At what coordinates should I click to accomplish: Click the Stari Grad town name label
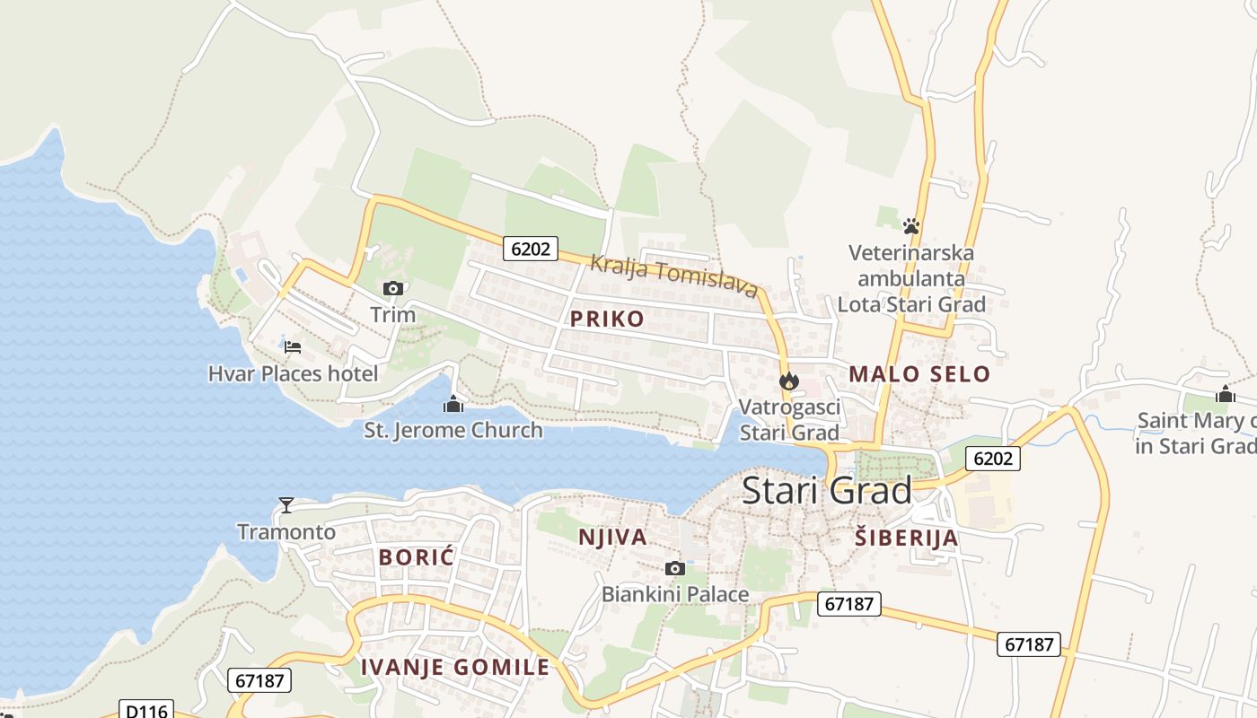827,490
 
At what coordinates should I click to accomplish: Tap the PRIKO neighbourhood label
607,319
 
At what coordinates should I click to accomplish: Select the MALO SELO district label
919,373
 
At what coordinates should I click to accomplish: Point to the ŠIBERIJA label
906,538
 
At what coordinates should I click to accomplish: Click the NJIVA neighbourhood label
612,537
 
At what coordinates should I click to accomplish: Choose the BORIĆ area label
417,556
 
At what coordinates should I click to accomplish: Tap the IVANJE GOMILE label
455,667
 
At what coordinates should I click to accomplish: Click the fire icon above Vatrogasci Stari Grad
789,381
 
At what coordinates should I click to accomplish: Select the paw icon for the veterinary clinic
911,226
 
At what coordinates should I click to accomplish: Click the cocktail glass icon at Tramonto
286,505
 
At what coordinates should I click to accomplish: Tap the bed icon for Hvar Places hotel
293,347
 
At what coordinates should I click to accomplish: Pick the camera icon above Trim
392,288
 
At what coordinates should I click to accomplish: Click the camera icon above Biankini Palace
675,568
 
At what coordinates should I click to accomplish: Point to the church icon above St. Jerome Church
453,405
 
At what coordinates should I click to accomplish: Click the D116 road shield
146,710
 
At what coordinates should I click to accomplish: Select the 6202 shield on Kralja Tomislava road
530,249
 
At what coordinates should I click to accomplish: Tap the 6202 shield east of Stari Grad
992,459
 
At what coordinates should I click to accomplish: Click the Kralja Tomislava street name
674,276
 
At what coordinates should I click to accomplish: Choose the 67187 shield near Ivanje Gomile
259,680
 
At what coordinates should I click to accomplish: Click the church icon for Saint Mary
1226,394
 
